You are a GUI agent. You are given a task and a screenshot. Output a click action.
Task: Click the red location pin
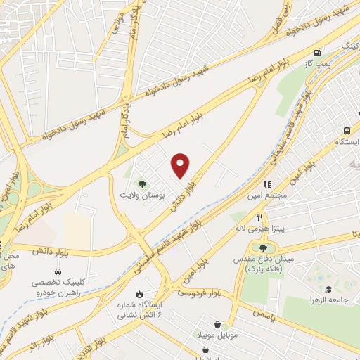pyautogui.click(x=181, y=165)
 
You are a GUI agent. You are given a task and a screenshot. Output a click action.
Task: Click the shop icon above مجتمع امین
pyautogui.click(x=268, y=184)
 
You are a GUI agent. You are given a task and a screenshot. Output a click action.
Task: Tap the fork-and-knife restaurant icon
pyautogui.click(x=260, y=217)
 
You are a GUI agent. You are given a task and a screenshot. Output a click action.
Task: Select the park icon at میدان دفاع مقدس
pyautogui.click(x=263, y=247)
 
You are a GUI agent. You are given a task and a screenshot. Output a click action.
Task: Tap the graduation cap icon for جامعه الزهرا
pyautogui.click(x=327, y=289)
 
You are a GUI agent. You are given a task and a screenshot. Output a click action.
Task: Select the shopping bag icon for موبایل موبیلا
pyautogui.click(x=222, y=324)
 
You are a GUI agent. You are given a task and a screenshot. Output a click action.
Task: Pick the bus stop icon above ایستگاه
pyautogui.click(x=347, y=131)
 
